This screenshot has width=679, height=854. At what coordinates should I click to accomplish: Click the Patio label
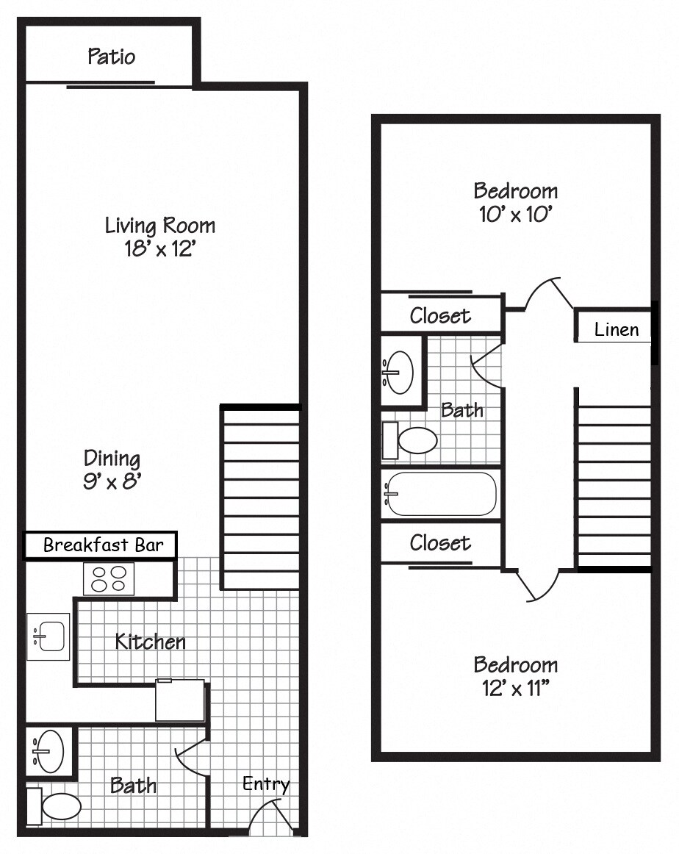pyautogui.click(x=112, y=57)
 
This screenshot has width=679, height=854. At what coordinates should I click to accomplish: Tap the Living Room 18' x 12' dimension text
pyautogui.click(x=159, y=248)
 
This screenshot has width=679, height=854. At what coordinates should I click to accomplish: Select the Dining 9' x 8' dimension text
pyautogui.click(x=112, y=482)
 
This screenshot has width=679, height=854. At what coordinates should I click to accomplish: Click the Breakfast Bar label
pyautogui.click(x=99, y=545)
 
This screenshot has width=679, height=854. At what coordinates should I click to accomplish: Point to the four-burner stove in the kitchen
pyautogui.click(x=108, y=578)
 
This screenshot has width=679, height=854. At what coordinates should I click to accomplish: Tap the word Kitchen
pyautogui.click(x=150, y=642)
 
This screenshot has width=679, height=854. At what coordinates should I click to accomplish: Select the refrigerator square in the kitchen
pyautogui.click(x=179, y=700)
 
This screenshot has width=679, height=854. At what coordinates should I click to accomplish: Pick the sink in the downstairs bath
pyautogui.click(x=48, y=751)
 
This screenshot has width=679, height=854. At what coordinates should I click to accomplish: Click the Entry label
pyautogui.click(x=266, y=784)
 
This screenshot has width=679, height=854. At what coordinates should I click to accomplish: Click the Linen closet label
pyautogui.click(x=617, y=330)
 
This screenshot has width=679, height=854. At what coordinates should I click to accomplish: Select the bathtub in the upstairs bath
pyautogui.click(x=441, y=493)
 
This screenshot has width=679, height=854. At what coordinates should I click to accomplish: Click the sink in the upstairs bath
pyautogui.click(x=400, y=370)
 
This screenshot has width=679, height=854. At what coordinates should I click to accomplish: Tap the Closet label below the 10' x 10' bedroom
pyautogui.click(x=440, y=315)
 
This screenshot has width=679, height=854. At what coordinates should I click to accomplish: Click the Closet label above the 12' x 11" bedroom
pyautogui.click(x=440, y=542)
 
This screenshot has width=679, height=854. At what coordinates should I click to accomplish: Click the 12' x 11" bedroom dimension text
pyautogui.click(x=515, y=689)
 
